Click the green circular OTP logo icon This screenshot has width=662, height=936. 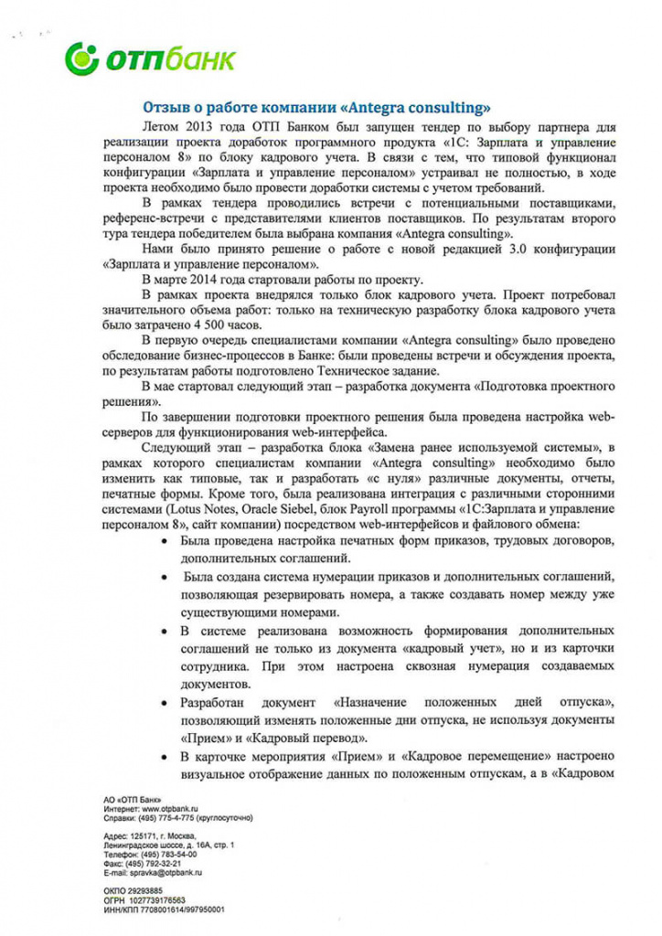pos(81,59)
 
